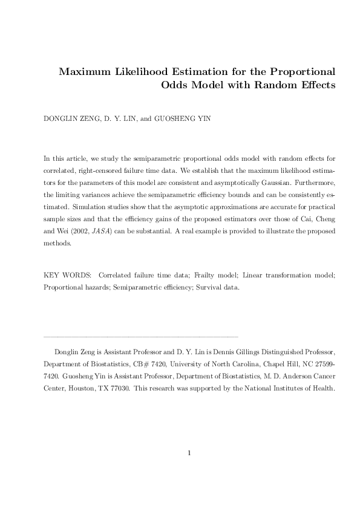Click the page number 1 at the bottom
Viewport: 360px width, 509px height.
click(x=189, y=452)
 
